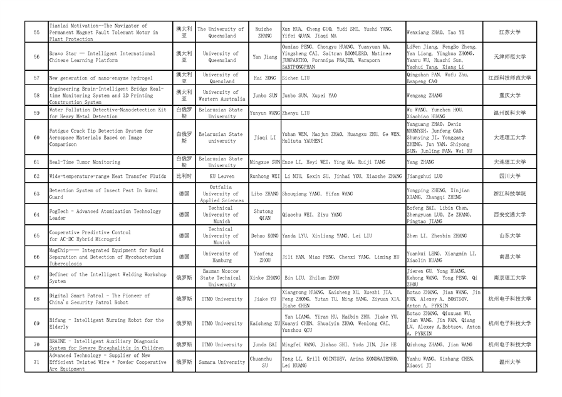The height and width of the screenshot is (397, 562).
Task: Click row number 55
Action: pos(36,33)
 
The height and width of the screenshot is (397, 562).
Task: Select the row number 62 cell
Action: pos(36,177)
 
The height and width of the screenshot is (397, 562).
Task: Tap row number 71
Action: pos(36,362)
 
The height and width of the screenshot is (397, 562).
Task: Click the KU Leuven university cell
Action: pos(221,177)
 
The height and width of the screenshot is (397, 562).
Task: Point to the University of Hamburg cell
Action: pos(221,257)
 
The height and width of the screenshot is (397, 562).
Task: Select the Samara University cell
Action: pos(221,362)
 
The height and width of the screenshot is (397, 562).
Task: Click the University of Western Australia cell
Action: pos(221,96)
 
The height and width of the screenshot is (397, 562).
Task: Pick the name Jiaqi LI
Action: pos(264,137)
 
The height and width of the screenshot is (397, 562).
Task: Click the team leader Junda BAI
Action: pos(264,344)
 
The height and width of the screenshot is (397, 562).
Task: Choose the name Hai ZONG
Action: pos(264,78)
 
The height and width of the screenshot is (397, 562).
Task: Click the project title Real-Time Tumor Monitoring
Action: pos(85,162)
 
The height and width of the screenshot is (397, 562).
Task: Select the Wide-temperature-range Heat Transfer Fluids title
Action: pos(108,177)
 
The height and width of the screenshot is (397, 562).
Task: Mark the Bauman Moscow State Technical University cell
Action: pos(221,277)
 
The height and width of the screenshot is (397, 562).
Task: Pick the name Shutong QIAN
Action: pos(264,215)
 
